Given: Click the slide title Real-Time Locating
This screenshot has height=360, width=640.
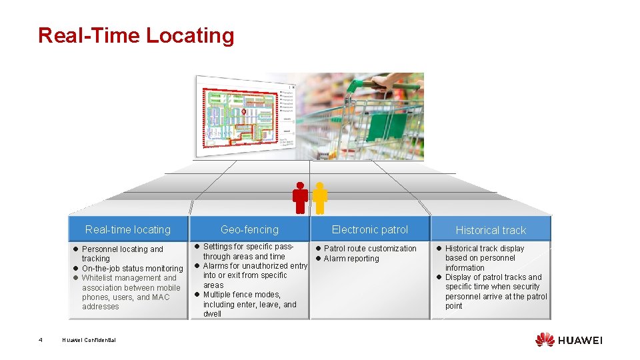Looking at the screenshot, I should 136,35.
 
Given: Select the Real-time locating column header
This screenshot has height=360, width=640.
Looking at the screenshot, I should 128,229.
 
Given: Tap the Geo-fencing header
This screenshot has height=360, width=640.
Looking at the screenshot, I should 249,229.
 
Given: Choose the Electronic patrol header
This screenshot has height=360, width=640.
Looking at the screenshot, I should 370,229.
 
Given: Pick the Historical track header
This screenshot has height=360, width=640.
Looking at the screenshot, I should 491,230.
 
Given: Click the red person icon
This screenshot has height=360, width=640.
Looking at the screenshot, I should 301,198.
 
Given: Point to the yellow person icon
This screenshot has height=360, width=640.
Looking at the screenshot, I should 320,198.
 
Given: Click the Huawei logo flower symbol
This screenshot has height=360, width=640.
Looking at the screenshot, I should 545,339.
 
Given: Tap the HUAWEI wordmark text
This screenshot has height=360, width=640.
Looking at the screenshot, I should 580,340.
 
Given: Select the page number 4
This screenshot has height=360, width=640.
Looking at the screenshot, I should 41,340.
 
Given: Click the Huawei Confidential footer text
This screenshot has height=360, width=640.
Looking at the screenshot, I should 89,340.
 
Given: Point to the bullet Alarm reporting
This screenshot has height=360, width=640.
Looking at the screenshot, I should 351,259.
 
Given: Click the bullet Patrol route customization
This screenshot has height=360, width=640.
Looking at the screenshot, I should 370,249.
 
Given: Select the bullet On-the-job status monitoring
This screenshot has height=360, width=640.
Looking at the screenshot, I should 132,269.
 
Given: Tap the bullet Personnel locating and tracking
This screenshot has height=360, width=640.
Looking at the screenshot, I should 122,253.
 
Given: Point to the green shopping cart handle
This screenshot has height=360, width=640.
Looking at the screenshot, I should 387,85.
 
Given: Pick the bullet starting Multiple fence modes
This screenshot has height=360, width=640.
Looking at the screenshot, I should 250,304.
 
